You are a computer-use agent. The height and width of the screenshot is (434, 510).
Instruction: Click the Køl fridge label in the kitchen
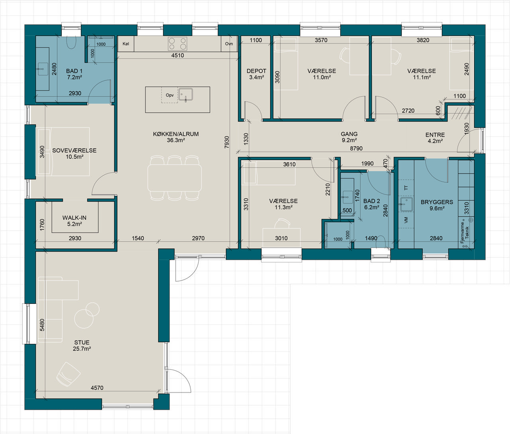pos(126,44)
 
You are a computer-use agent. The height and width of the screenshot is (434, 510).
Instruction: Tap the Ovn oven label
pos(229,44)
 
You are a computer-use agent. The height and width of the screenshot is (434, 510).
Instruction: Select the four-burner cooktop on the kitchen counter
pos(177,44)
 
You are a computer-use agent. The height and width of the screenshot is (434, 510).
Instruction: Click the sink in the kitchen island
pos(186,95)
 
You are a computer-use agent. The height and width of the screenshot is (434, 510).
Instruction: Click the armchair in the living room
pos(68,374)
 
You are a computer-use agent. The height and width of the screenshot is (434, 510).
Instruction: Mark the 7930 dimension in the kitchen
pos(227,142)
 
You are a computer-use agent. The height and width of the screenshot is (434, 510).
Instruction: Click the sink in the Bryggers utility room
pos(406,204)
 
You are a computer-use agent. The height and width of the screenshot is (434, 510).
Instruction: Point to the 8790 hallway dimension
pos(356,149)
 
